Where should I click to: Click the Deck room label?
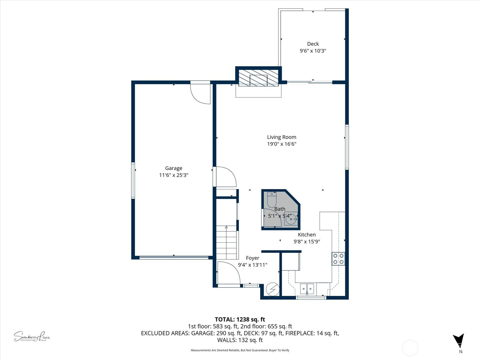coord(313,44)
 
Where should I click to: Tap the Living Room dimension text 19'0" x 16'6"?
coord(281,144)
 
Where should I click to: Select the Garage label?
coord(173,168)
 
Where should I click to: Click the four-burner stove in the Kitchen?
coord(338,259)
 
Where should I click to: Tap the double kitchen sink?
coord(307,289)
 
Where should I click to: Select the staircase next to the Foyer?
coord(227,243)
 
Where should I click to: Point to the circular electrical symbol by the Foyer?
coord(273,289)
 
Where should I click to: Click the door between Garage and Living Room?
coord(225,177)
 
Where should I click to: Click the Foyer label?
coord(252,258)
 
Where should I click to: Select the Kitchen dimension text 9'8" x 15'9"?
coord(307,241)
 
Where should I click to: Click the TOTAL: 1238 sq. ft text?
coord(240,319)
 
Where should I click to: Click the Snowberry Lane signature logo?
coord(31,337)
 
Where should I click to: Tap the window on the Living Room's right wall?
coord(347,147)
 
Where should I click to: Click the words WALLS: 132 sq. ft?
coord(240,340)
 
